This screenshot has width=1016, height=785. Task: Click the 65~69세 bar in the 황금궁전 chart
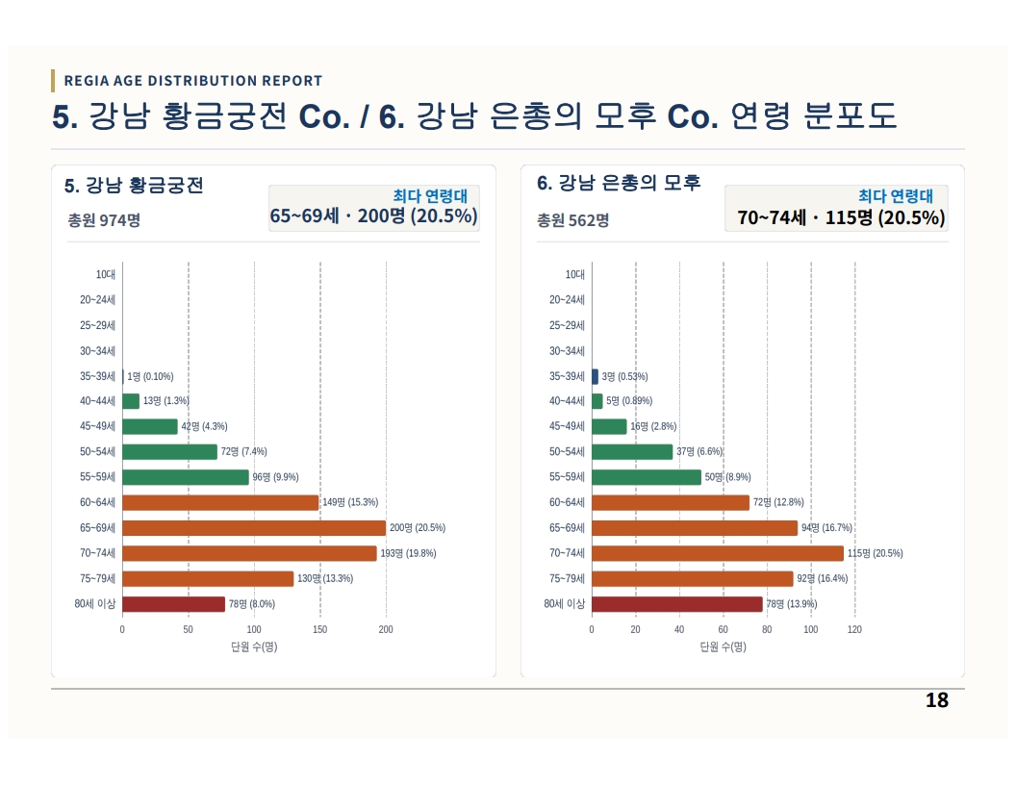tap(254, 528)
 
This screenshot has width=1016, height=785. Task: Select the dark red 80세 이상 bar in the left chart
tap(173, 603)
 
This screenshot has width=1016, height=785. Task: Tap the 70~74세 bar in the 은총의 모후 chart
tap(718, 553)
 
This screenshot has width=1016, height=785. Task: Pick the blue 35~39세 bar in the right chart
tap(595, 376)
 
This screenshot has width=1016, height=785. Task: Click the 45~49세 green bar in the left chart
tap(150, 426)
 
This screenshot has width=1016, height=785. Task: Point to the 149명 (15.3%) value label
tap(350, 502)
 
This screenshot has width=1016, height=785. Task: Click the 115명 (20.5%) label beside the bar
tap(875, 553)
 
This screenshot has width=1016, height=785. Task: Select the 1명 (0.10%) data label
tap(150, 376)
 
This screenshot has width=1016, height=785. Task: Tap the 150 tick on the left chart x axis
tap(320, 629)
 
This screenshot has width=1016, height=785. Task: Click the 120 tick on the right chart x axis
tap(854, 629)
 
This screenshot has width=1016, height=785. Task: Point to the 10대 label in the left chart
tap(106, 274)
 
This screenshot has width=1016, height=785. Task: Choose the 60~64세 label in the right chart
tap(567, 502)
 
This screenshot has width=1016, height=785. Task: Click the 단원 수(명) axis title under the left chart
tap(254, 646)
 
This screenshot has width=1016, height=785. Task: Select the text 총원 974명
tap(104, 220)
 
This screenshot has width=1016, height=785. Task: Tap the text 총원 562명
tap(572, 220)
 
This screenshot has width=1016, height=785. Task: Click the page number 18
tap(937, 700)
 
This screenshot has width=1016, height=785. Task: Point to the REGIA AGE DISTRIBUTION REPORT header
tap(193, 81)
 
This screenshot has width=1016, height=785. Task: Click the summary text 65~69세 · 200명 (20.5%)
tap(374, 215)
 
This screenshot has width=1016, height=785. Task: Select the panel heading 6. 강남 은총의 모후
tap(619, 184)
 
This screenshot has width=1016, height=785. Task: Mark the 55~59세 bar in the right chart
tap(647, 477)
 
